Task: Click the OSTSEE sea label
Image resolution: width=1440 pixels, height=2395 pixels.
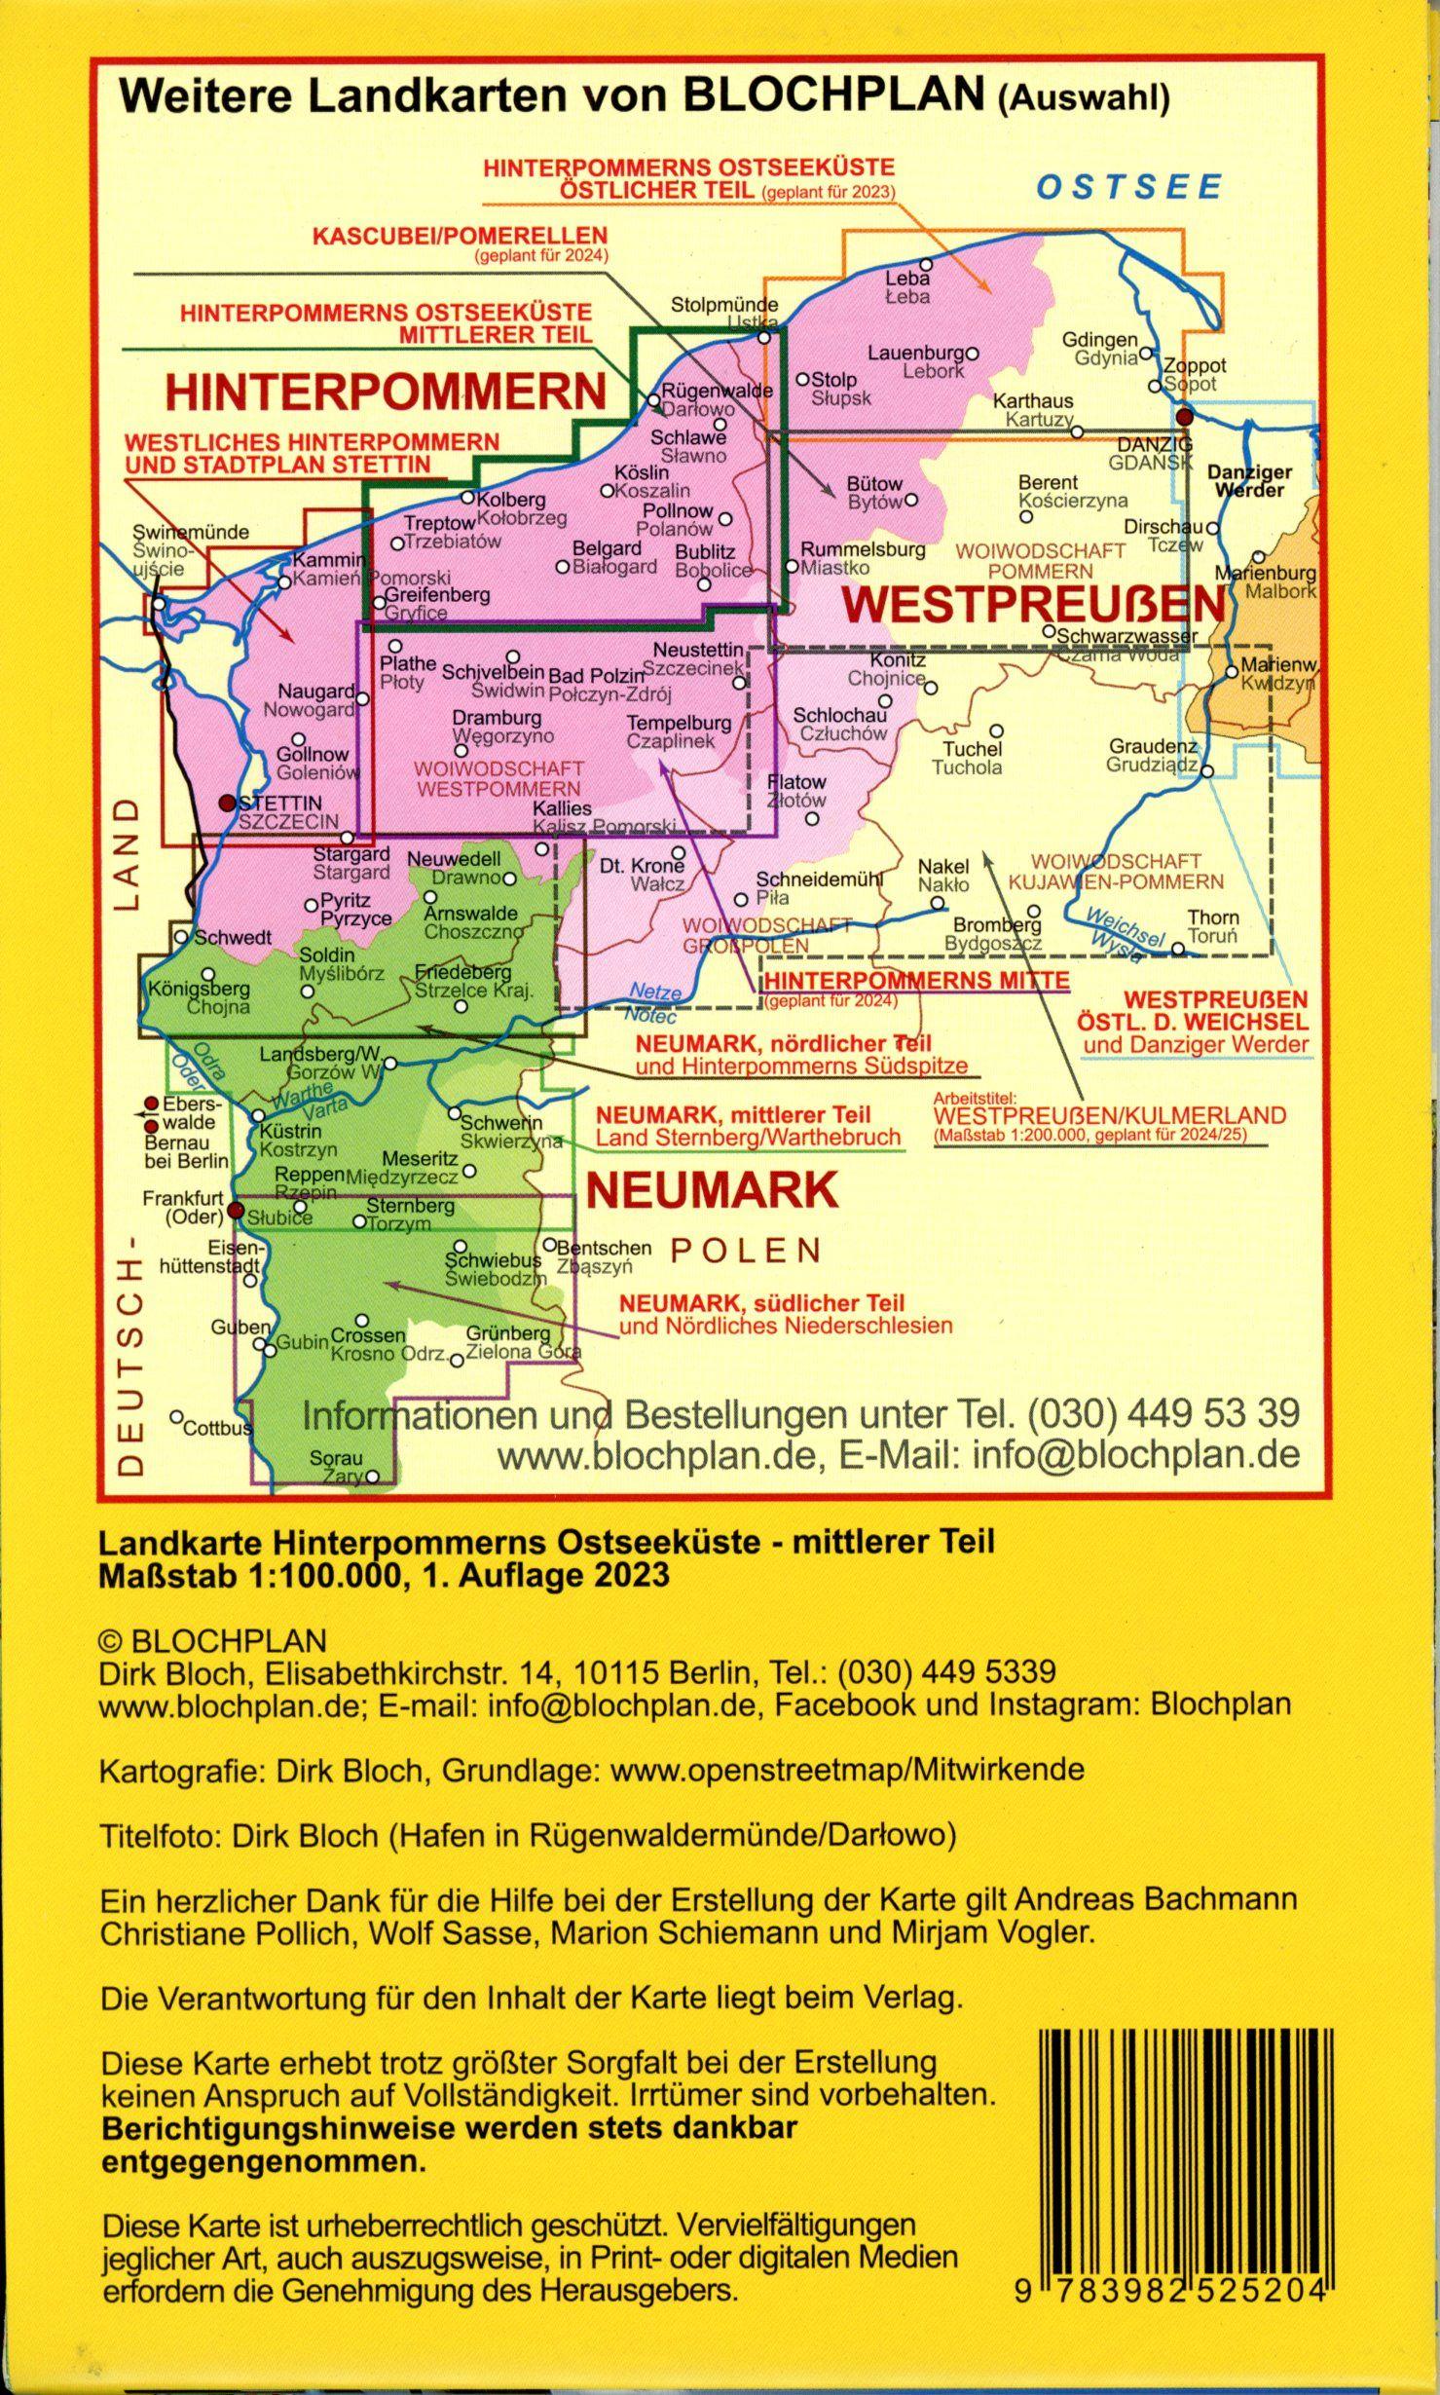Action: [1128, 186]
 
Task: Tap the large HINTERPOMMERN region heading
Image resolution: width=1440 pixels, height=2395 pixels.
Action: [386, 391]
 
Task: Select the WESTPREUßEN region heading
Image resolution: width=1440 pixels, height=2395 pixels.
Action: [1031, 605]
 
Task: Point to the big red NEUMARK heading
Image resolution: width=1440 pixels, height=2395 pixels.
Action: [713, 1189]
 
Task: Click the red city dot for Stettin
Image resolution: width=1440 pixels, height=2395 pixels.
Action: [227, 803]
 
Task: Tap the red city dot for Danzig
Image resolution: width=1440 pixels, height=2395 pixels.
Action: [1184, 417]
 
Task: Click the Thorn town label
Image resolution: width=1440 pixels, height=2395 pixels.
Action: [1212, 917]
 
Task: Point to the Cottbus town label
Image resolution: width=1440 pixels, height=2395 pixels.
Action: [217, 1429]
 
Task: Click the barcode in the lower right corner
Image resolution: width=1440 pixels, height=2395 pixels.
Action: [1182, 2200]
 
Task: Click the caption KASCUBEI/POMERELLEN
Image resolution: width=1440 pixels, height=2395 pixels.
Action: [459, 237]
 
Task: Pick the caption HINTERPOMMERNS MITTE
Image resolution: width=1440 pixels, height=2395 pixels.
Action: [916, 980]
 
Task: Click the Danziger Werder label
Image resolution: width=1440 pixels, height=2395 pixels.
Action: [1249, 480]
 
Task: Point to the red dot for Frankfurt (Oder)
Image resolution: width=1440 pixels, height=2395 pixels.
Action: [235, 1212]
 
